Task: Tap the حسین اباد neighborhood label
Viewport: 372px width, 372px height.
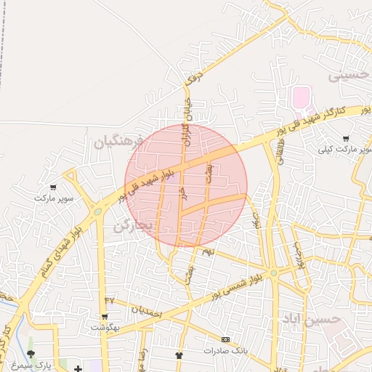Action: (x=312, y=319)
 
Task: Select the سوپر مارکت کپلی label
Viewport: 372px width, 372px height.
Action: (x=344, y=150)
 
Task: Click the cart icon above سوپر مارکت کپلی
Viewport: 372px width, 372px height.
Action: (x=345, y=139)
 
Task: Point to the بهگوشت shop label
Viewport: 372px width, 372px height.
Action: (x=105, y=327)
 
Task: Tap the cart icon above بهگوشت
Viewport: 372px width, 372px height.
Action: (x=105, y=316)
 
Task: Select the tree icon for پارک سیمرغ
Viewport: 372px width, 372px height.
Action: (x=31, y=354)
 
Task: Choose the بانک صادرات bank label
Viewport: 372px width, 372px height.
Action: (x=225, y=350)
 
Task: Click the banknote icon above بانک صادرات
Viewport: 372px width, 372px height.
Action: (x=225, y=339)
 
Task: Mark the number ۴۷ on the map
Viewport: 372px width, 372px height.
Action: (x=110, y=299)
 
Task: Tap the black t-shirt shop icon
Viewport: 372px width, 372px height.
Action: (x=179, y=355)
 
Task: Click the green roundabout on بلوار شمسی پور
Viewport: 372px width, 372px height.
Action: (x=274, y=273)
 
